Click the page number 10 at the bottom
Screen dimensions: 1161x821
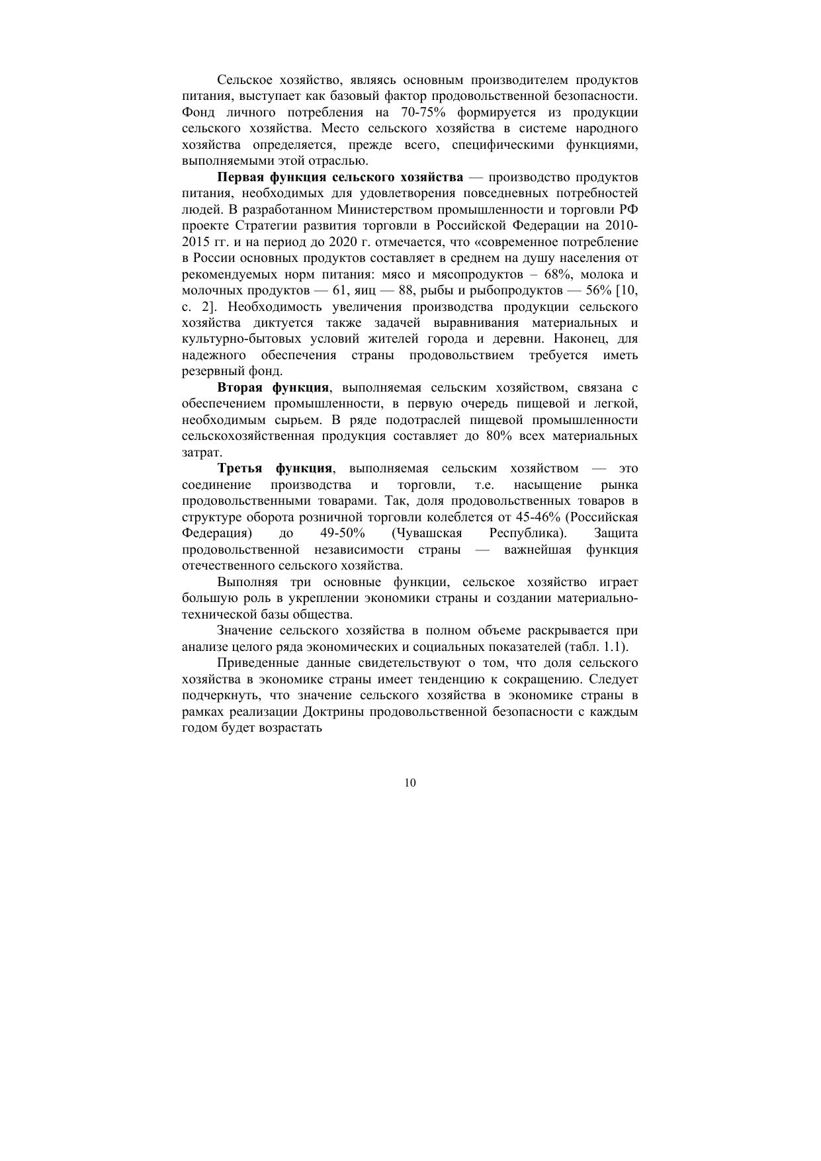[410, 783]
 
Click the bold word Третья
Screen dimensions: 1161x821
[239, 468]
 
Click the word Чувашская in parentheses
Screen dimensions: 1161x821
[428, 533]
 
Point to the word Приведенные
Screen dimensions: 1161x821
[257, 663]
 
